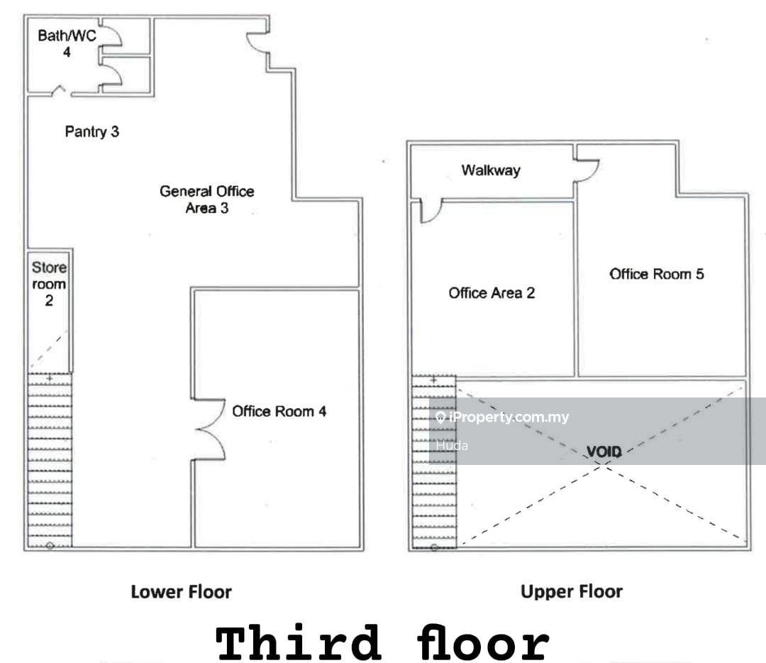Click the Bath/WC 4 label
click(67, 43)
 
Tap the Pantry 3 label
click(91, 131)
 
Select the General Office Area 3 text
click(206, 199)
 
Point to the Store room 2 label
click(49, 283)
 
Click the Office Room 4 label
click(279, 411)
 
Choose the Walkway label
click(491, 170)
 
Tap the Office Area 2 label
click(492, 293)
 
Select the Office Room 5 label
click(657, 274)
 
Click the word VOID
click(604, 451)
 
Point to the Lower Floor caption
click(182, 592)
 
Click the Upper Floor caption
click(572, 591)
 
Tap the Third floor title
click(382, 642)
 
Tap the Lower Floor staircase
click(50, 459)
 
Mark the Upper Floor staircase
click(434, 462)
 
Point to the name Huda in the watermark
click(452, 445)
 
